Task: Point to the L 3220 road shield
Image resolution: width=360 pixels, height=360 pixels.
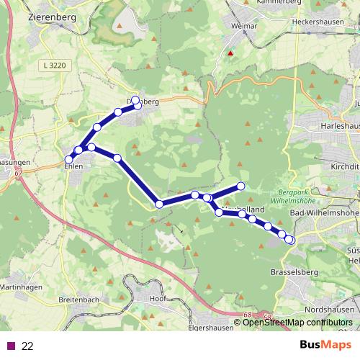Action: (x=54, y=66)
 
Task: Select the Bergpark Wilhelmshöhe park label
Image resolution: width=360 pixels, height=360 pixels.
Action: (x=298, y=198)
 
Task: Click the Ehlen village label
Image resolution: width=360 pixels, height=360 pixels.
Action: (x=74, y=166)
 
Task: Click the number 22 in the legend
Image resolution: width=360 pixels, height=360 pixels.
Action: (x=27, y=346)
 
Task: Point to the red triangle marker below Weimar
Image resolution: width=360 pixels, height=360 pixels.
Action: (x=230, y=53)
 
